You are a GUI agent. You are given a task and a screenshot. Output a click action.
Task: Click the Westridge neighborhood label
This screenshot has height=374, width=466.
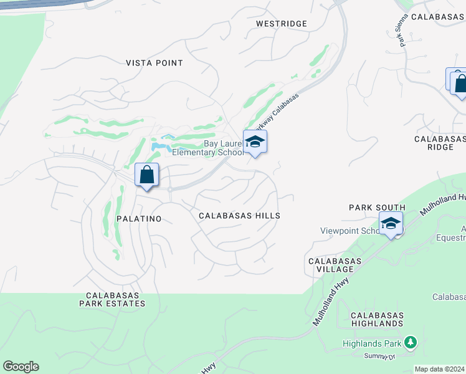pyautogui.click(x=282, y=24)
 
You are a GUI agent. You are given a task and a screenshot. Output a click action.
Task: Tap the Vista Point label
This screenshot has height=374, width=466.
pyautogui.click(x=155, y=63)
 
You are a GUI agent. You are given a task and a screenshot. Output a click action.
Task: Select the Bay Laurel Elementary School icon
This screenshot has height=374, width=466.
pyautogui.click(x=254, y=142)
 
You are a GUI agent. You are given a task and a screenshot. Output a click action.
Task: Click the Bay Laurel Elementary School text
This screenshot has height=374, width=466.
pyautogui.click(x=215, y=148)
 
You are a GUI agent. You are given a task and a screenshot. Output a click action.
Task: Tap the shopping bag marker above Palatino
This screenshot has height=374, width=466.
pyautogui.click(x=146, y=175)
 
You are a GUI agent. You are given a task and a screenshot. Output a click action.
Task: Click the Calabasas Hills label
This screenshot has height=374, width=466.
pyautogui.click(x=239, y=216)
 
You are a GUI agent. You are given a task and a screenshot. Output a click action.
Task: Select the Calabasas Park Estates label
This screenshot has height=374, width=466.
pyautogui.click(x=112, y=299)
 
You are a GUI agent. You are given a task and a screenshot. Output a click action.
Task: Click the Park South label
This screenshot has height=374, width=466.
pyautogui.click(x=377, y=208)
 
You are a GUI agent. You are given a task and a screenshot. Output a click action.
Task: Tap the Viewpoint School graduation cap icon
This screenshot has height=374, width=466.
pyautogui.click(x=391, y=223)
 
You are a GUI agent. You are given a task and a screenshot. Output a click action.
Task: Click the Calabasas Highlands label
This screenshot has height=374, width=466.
pyautogui.click(x=377, y=320)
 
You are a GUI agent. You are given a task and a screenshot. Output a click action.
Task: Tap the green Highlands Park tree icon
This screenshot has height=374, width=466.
pyautogui.click(x=410, y=342)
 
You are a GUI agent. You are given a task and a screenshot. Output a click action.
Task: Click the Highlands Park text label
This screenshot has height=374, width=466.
pyautogui.click(x=371, y=343)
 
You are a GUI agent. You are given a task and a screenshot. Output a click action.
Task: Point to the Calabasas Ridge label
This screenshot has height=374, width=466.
pyautogui.click(x=440, y=142)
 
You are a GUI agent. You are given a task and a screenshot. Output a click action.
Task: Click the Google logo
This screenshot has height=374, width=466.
pyautogui.click(x=21, y=367)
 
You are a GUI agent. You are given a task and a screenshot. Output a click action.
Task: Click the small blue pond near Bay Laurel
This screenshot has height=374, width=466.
pyautogui.click(x=161, y=146)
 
